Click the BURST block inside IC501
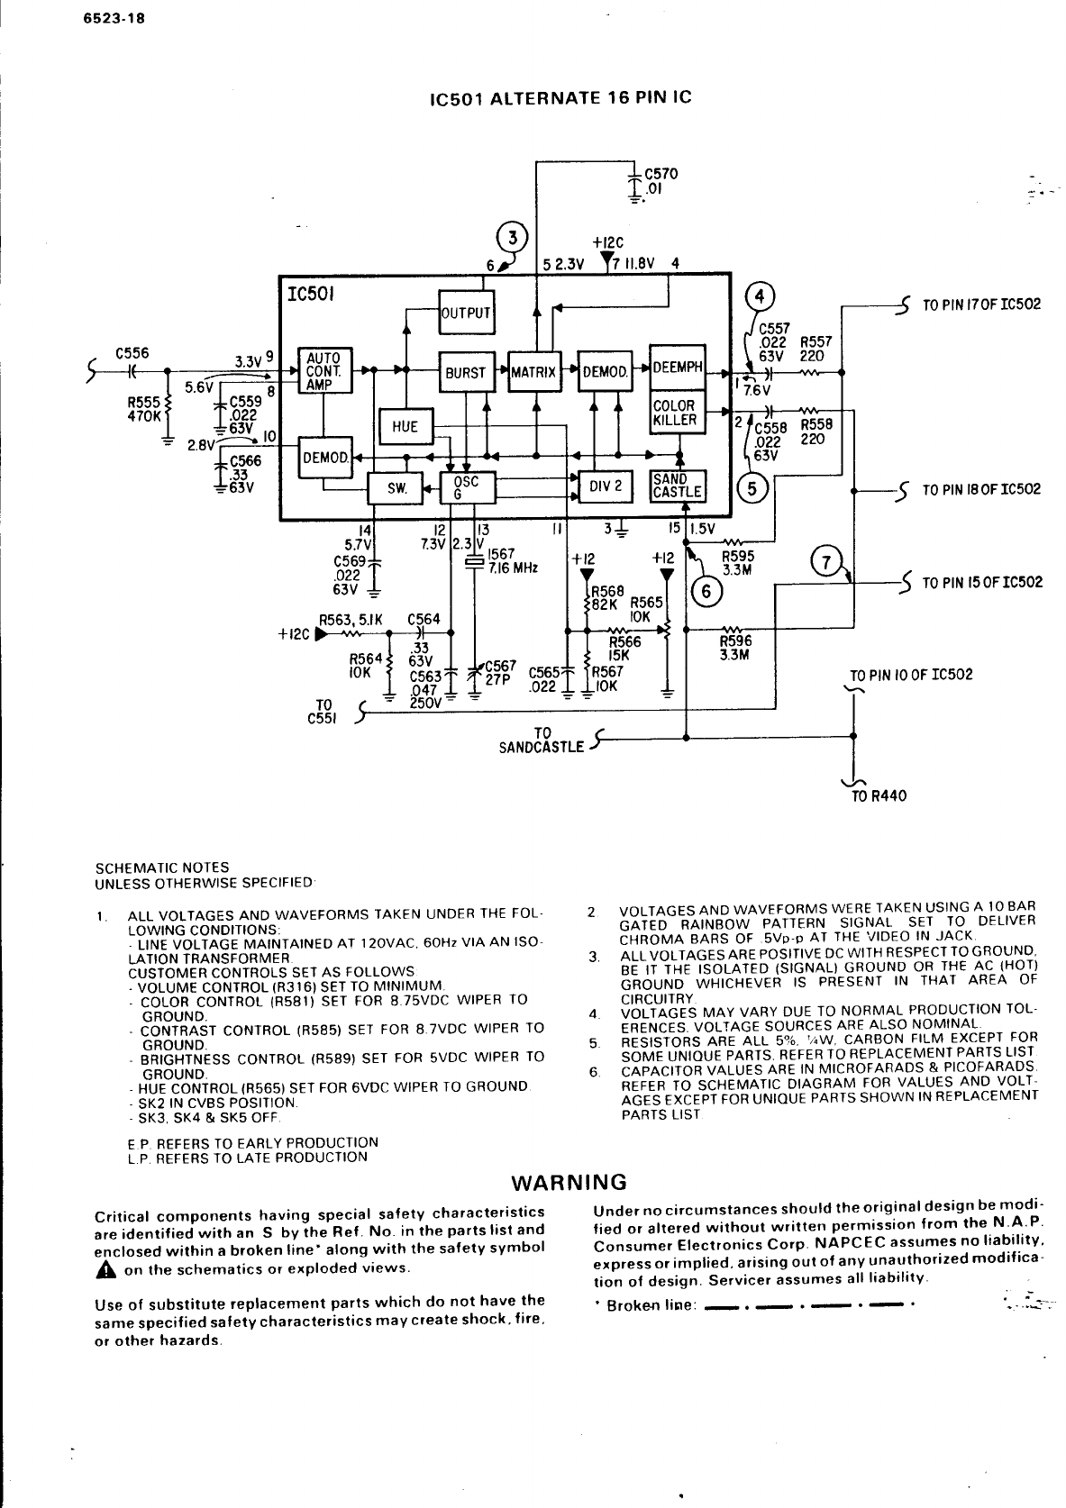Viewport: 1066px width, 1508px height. pos(466,372)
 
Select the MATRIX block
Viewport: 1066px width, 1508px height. pos(533,372)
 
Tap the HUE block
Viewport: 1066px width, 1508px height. pos(405,427)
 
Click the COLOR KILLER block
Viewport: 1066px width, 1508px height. pos(676,413)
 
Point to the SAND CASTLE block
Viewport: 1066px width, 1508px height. pos(676,486)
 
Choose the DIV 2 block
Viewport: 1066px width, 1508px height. pos(606,486)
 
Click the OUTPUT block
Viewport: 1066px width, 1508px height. pos(466,313)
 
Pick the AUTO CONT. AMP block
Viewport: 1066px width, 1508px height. pos(323,370)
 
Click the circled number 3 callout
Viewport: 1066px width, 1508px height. pos(513,238)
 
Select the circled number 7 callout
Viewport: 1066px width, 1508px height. pos(825,561)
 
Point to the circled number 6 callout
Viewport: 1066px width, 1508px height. pos(705,590)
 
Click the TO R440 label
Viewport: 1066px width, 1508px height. pos(879,795)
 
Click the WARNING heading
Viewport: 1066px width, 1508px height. pos(568,1182)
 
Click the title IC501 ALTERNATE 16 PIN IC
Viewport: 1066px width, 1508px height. pos(560,96)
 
